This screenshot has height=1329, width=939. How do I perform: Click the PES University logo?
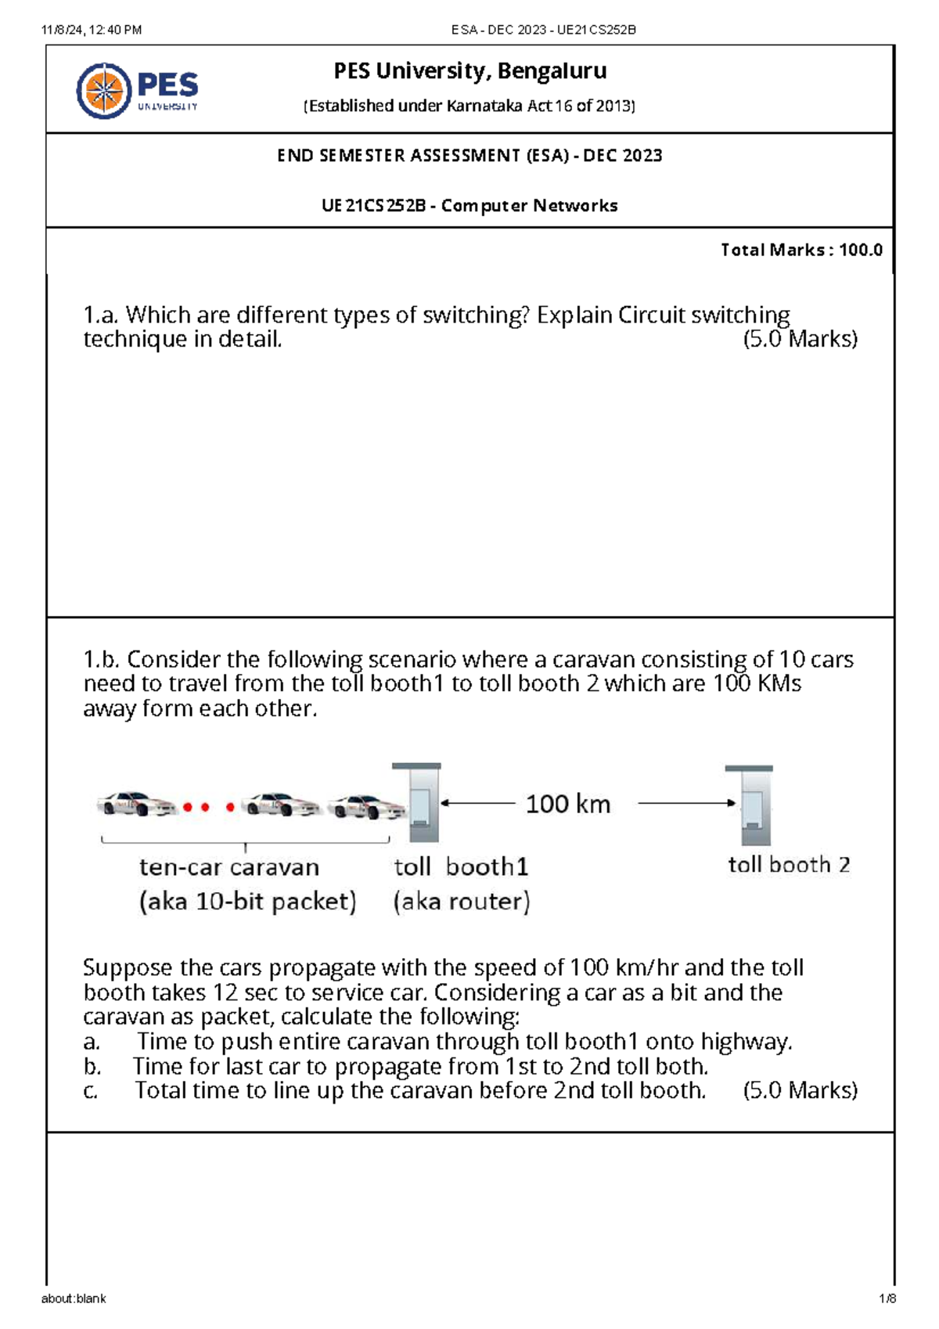point(138,91)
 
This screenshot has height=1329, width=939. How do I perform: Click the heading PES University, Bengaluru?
point(469,71)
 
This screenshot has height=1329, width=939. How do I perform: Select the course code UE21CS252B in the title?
point(373,206)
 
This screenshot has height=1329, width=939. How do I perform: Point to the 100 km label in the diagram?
point(567,804)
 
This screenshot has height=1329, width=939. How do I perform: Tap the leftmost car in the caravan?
point(135,804)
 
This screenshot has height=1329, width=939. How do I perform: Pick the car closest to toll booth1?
point(365,806)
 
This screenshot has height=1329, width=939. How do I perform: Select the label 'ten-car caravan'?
point(229,867)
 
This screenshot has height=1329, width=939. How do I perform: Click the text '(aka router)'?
point(462,902)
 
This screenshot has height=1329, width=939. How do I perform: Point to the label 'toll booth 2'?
point(788,865)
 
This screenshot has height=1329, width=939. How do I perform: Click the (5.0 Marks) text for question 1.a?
point(800,340)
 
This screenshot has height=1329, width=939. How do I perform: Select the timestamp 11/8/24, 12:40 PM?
point(92,30)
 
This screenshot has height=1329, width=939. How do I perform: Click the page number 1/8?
point(887,1298)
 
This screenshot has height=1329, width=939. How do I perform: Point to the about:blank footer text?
point(74,1298)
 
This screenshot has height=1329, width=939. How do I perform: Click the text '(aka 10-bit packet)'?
point(247,902)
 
